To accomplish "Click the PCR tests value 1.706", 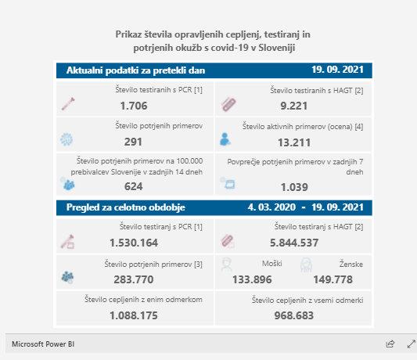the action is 134,106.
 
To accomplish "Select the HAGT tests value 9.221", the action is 294,106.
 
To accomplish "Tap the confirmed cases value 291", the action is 133,142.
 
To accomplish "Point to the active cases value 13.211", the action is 294,142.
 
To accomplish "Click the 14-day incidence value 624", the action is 134,186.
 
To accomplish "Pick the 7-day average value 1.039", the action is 294,187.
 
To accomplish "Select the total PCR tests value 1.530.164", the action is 134,243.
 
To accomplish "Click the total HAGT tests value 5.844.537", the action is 294,243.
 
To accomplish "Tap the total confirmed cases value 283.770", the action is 134,279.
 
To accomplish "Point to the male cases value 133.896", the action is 252,279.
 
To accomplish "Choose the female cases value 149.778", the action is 333,279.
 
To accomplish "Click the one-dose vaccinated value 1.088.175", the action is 134,315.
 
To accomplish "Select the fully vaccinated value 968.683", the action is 294,315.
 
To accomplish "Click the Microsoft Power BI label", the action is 43,344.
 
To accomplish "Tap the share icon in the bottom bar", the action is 390,344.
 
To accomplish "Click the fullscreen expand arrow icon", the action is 412,344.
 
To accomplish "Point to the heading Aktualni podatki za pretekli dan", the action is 135,70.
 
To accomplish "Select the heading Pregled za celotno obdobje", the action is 126,207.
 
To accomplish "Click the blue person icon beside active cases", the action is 225,139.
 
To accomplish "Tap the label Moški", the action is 272,264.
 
